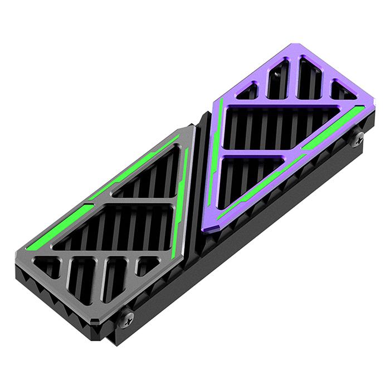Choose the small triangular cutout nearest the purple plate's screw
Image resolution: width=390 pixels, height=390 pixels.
341,90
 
